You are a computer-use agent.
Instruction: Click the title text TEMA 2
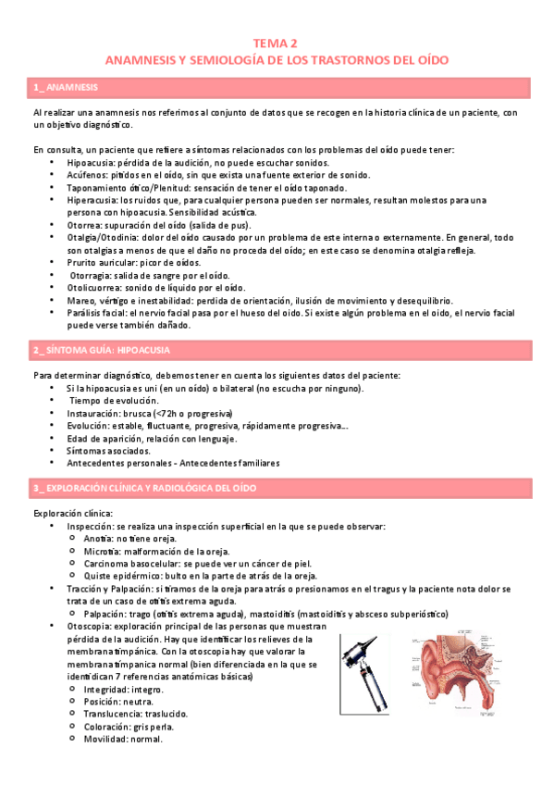coord(277,43)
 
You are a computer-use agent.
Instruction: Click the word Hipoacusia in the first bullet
coord(89,162)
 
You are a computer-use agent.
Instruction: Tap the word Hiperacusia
coord(90,200)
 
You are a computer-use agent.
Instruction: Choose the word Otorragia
coord(92,275)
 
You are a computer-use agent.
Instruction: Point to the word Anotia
coord(97,539)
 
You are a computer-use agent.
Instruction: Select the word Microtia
coord(100,551)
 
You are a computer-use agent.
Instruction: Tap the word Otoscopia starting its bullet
coord(91,627)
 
